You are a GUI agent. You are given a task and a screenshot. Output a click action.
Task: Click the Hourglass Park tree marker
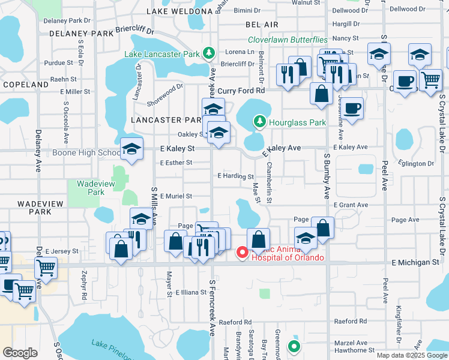click(x=259, y=122)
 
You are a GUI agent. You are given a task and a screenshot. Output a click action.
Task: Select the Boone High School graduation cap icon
click(x=131, y=150)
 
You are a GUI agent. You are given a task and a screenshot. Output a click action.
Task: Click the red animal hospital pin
click(x=243, y=253)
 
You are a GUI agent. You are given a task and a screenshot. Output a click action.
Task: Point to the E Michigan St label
click(x=415, y=263)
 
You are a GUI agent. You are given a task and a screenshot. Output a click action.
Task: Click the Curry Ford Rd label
click(x=241, y=91)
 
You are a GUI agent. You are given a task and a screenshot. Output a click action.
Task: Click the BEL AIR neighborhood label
click(x=262, y=24)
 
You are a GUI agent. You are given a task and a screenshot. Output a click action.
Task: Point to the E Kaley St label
click(x=177, y=148)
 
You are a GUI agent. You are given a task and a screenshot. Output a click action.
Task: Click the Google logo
click(x=20, y=352)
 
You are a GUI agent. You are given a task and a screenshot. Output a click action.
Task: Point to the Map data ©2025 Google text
click(x=412, y=355)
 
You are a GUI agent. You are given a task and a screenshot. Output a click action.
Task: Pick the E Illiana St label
click(x=191, y=292)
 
